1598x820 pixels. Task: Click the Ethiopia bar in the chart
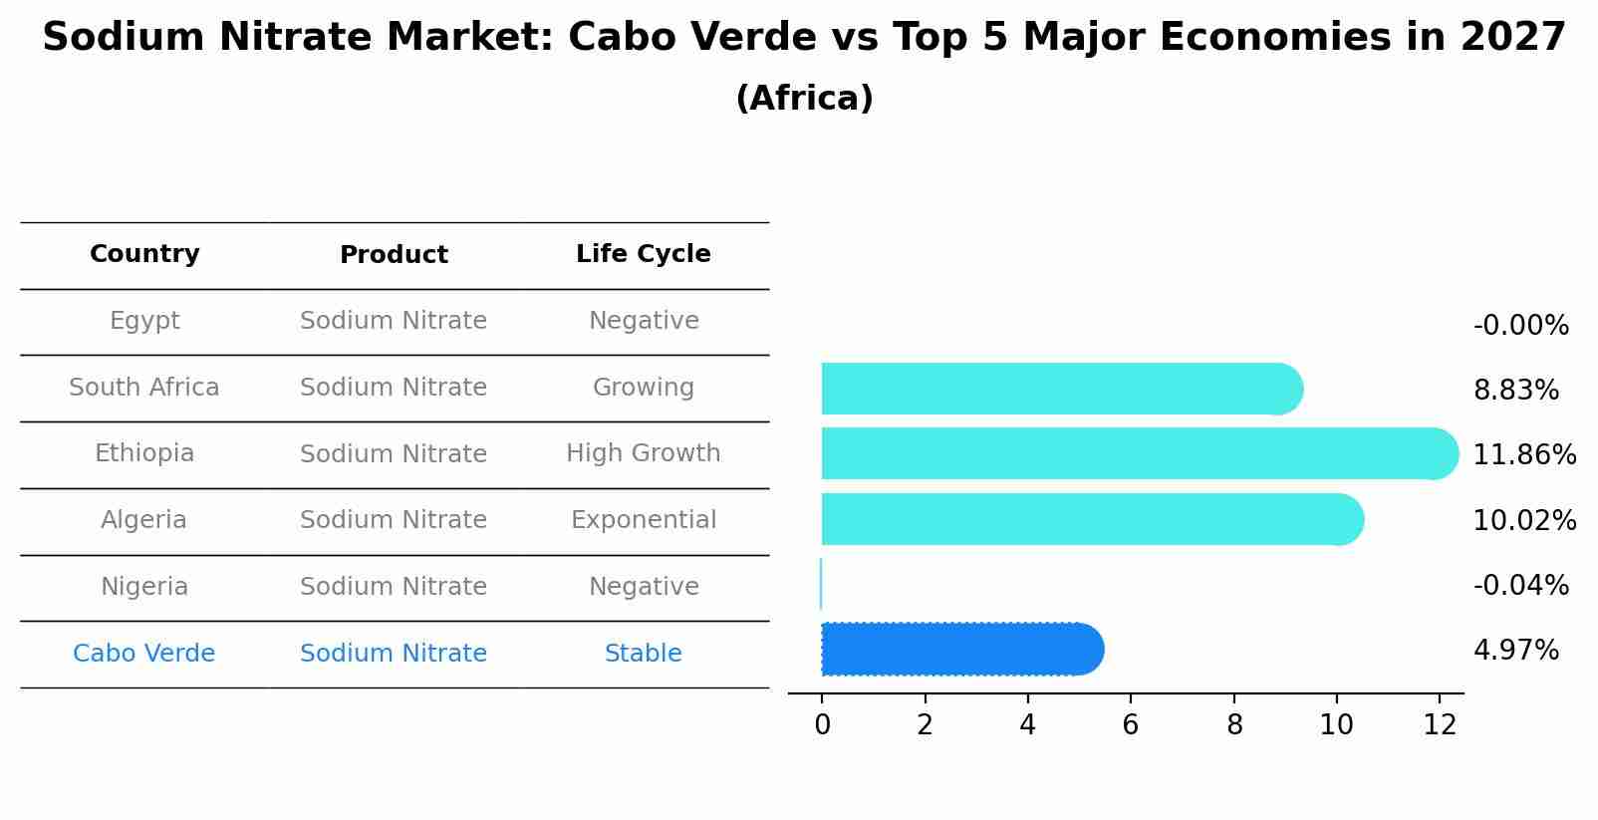(1140, 454)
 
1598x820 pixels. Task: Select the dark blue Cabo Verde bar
(963, 649)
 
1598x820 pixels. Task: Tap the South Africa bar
(1063, 389)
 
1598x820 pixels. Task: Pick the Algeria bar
(1093, 519)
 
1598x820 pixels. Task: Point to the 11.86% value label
(1524, 454)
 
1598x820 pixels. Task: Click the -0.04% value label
(1521, 585)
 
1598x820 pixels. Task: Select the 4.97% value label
(1516, 651)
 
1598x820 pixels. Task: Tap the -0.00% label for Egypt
(1521, 326)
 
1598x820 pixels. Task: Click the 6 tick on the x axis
(1131, 724)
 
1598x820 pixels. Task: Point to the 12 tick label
(1440, 724)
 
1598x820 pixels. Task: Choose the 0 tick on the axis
(823, 724)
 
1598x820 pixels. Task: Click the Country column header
(144, 254)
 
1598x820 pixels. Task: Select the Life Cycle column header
(644, 254)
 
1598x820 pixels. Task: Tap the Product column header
(394, 255)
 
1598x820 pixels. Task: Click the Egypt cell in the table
(144, 321)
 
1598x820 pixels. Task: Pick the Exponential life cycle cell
(644, 520)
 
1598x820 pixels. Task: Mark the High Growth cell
(644, 453)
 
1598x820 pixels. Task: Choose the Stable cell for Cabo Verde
(644, 653)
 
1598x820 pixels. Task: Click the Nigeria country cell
(144, 587)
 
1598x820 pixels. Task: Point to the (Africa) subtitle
(805, 98)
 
